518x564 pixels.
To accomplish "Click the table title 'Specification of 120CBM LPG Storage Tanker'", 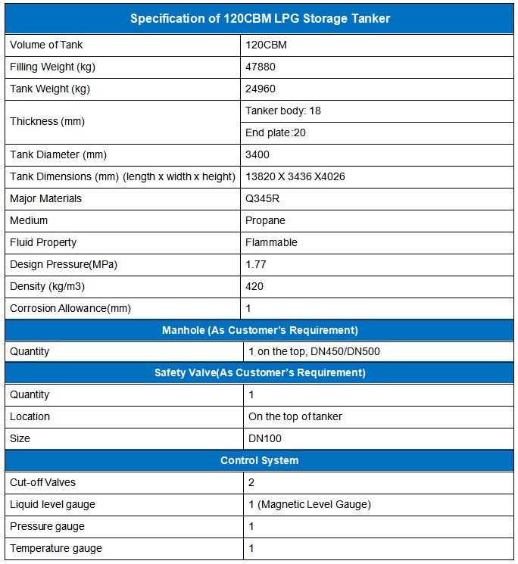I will click(260, 18).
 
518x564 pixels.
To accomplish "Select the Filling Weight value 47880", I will click(261, 67).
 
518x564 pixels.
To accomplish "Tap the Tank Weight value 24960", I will click(261, 89).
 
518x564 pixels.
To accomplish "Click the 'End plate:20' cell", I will click(276, 132).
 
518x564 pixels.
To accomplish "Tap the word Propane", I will click(265, 220).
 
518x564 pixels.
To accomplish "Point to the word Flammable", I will click(271, 242).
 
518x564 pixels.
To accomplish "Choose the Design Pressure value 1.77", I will click(257, 264).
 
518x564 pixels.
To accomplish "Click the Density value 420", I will click(254, 286).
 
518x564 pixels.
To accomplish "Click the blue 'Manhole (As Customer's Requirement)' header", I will click(260, 330).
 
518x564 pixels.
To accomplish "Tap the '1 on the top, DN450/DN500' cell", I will click(312, 351).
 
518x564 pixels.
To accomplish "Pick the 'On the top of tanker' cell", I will click(295, 416).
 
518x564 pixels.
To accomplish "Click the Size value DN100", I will click(265, 438).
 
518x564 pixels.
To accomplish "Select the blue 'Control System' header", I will click(260, 460).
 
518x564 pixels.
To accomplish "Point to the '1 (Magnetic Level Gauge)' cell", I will click(309, 504).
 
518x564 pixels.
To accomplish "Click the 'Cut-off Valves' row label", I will click(42, 482).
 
